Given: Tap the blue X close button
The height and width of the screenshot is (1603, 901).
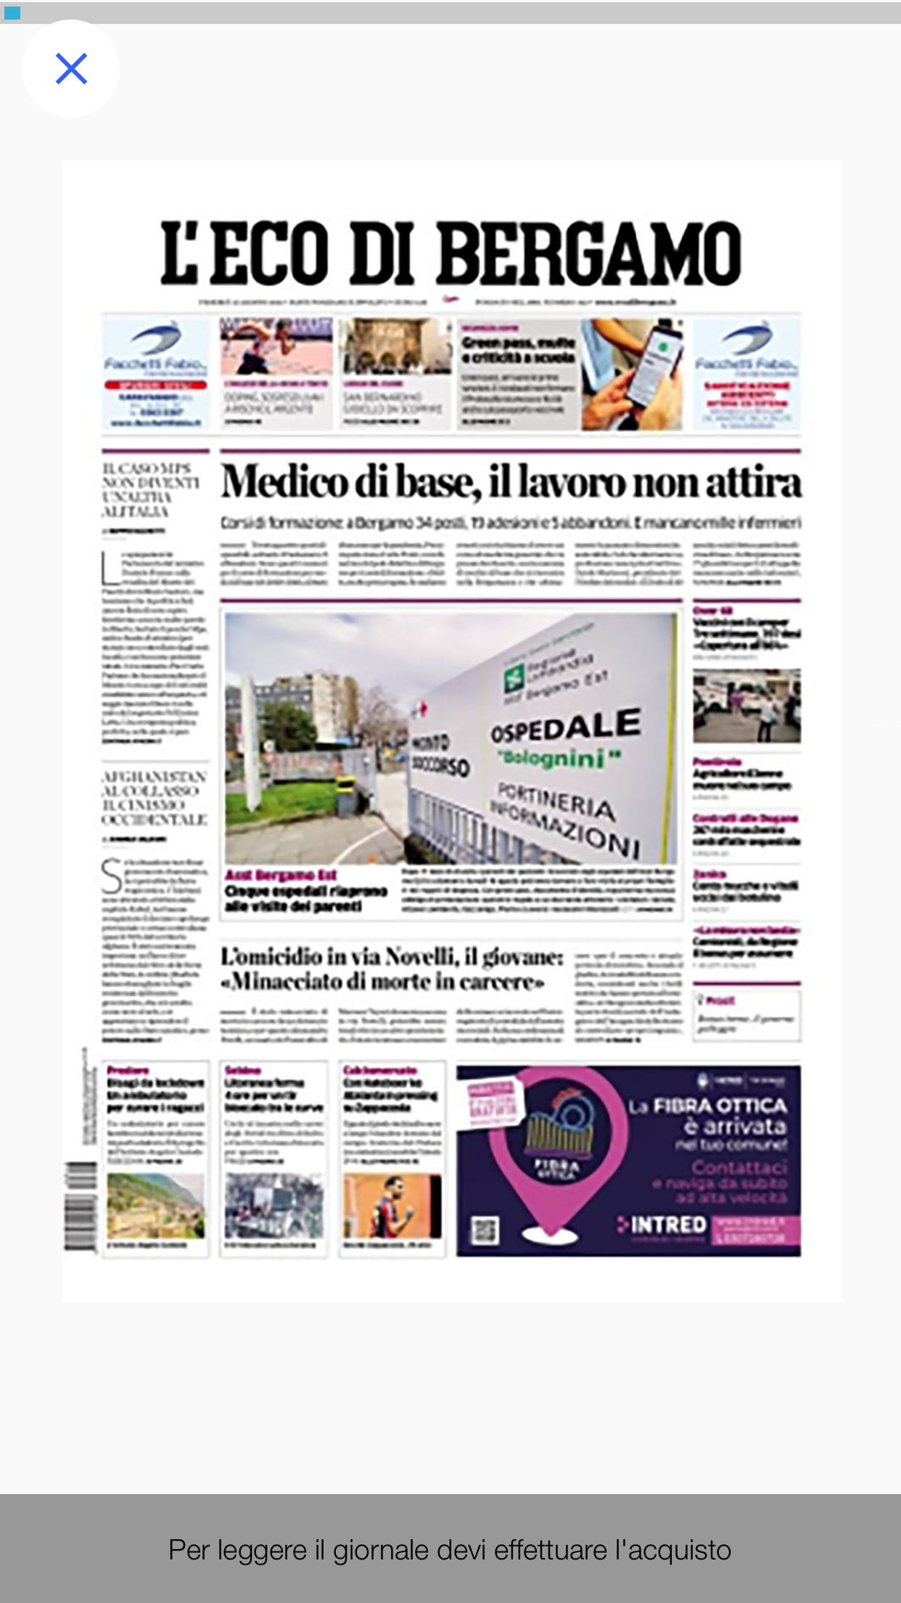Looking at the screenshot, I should pos(71,69).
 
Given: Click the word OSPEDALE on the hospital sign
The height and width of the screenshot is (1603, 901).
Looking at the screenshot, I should pos(566,726).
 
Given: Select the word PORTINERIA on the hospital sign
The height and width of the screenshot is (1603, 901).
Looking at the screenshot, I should pos(556,799).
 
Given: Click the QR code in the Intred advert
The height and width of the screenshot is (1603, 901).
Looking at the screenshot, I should pos(485,1230).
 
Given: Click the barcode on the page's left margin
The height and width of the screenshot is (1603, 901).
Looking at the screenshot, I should pos(80,1206).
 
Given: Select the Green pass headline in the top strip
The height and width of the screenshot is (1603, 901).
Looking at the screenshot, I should pos(518,350).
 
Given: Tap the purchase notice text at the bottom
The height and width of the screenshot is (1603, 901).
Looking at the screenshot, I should pos(450,1550).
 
